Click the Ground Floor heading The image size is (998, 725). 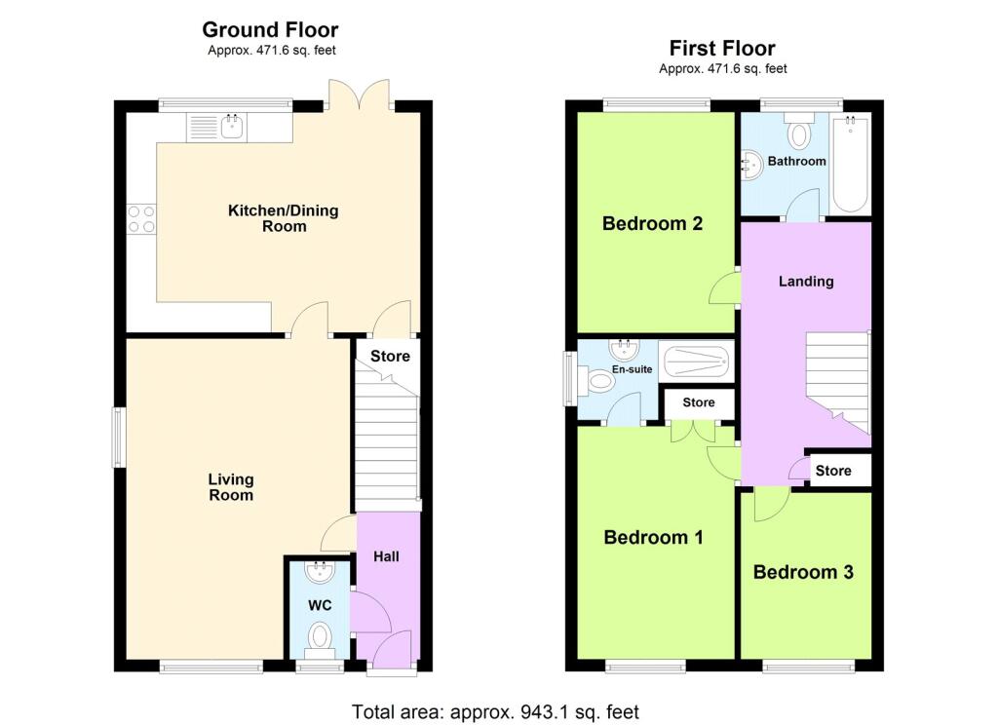[x=270, y=30]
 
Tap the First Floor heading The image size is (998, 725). [x=722, y=49]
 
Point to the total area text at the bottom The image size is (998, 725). [x=495, y=711]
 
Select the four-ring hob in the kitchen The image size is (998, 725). [x=141, y=218]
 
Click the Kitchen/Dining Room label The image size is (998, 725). [x=284, y=218]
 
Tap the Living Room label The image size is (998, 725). [x=231, y=487]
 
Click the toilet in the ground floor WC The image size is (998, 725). [x=320, y=639]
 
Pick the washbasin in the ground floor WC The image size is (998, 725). [x=320, y=572]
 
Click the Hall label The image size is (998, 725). [x=386, y=556]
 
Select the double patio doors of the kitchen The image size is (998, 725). [x=359, y=95]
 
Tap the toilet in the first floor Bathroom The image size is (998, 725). [x=799, y=131]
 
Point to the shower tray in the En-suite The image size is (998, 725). [x=696, y=362]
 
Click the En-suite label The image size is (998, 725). [x=632, y=369]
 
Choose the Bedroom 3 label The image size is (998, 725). [x=803, y=572]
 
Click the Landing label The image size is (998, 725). [x=806, y=282]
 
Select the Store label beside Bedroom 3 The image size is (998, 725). [x=833, y=471]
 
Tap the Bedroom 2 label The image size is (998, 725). [x=652, y=223]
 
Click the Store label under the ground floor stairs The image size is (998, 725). [x=390, y=357]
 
